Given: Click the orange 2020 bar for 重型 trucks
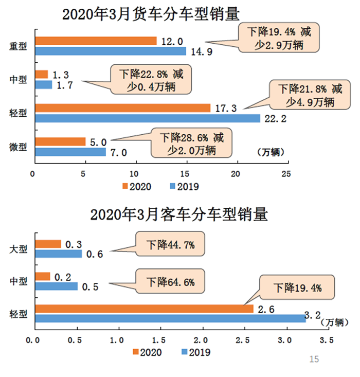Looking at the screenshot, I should pyautogui.click(x=95, y=41).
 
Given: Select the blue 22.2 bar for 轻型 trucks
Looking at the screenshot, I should pyautogui.click(x=147, y=119).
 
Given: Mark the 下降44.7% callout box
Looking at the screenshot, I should pyautogui.click(x=170, y=245).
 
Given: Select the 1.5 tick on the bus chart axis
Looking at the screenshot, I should pyautogui.click(x=161, y=339).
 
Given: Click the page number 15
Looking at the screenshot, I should pyautogui.click(x=315, y=359).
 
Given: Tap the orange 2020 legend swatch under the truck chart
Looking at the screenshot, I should pyautogui.click(x=125, y=186).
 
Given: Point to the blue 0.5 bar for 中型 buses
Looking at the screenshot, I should pyautogui.click(x=56, y=286).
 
